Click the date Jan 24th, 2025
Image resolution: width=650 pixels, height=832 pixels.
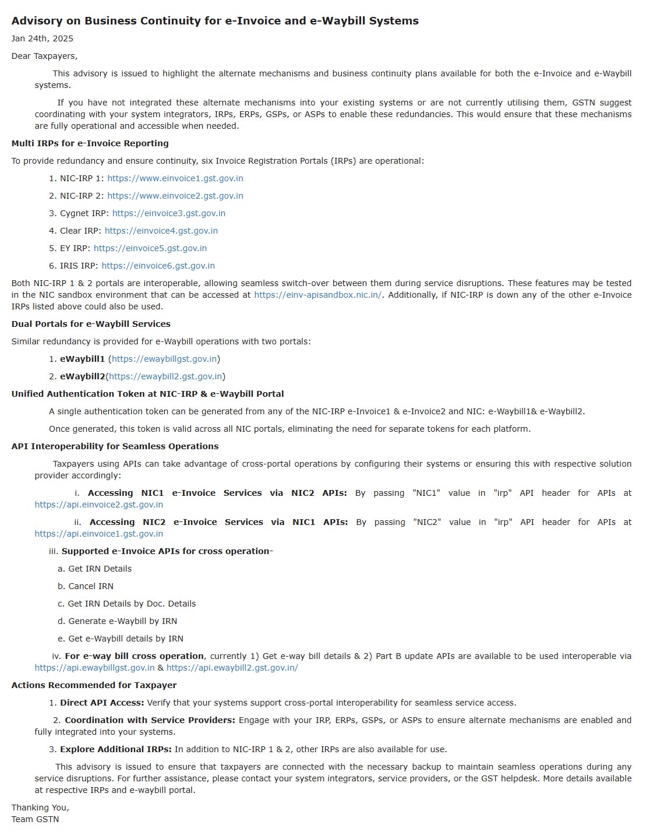coord(43,38)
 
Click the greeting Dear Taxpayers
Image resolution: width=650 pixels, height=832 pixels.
coord(44,56)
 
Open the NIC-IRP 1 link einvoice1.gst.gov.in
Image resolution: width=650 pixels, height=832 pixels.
coord(175,178)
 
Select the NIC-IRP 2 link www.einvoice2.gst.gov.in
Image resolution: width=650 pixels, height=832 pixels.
coord(175,196)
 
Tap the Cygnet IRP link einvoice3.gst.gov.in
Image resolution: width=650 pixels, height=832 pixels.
coord(168,213)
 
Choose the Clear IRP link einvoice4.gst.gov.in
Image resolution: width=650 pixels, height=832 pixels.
coord(161,231)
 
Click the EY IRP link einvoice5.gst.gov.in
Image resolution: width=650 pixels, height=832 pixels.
coord(150,248)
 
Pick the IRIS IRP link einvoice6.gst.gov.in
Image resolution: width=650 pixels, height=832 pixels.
coord(158,266)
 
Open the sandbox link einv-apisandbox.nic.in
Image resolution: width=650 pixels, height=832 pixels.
coord(317,295)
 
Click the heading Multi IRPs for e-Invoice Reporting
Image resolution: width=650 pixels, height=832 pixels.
coord(90,143)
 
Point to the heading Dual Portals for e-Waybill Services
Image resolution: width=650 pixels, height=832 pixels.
coord(91,324)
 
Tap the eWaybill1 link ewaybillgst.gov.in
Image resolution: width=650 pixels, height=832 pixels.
coord(164,359)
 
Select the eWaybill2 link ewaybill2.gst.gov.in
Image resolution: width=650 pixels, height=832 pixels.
coord(165,376)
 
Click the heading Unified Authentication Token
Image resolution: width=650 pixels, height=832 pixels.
coord(147,394)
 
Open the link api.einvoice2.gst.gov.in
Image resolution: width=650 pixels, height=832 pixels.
coord(98,505)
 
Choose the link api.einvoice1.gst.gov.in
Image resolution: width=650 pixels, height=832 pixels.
coord(98,534)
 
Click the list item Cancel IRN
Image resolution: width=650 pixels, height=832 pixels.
coord(90,586)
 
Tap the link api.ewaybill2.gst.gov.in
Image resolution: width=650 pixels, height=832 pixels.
coord(232,668)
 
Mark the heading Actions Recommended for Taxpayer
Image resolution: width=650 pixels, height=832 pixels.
coord(94,685)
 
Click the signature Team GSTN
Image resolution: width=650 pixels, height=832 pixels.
coord(35,819)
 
